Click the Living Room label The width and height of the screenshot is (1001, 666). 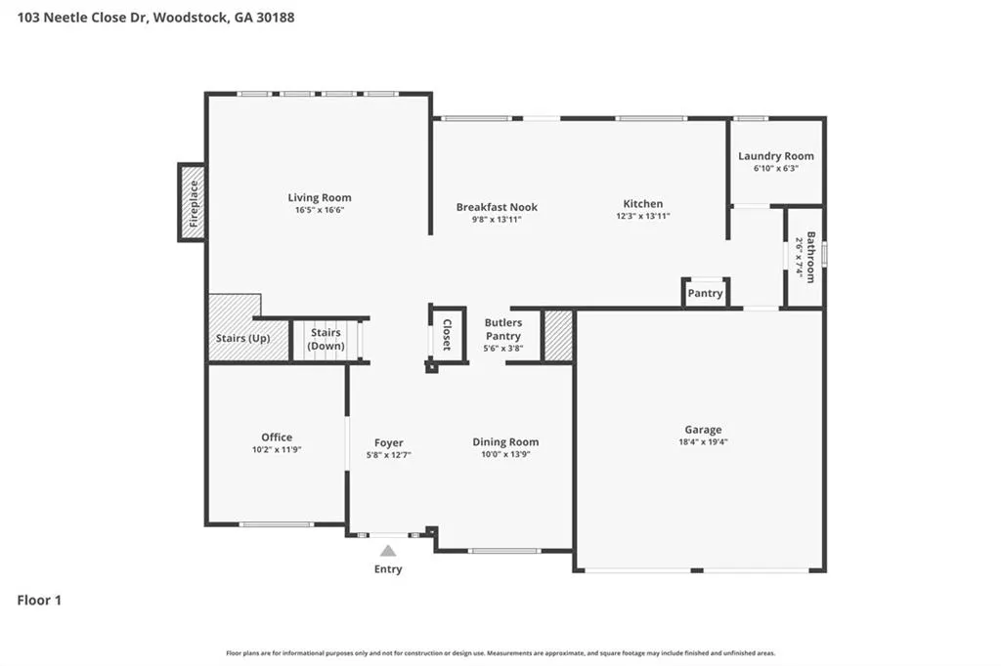click(320, 198)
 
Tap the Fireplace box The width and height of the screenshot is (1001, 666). click(193, 202)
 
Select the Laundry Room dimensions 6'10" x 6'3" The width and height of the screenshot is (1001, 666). click(775, 168)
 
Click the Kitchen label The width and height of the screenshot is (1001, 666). click(643, 203)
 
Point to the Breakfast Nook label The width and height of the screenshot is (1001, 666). click(497, 207)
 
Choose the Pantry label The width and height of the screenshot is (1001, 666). click(705, 293)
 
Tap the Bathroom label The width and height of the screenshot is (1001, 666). click(810, 257)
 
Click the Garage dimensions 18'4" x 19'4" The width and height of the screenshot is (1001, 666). click(703, 442)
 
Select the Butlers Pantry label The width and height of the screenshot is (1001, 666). click(503, 329)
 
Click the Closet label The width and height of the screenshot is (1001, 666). click(447, 335)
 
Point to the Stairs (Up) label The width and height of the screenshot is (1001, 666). click(242, 338)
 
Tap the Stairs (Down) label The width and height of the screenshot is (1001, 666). click(326, 340)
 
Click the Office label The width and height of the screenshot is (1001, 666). click(277, 437)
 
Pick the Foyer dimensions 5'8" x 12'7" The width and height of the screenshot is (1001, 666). click(388, 455)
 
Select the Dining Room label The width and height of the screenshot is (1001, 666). click(505, 441)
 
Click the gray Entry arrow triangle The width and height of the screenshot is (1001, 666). click(388, 551)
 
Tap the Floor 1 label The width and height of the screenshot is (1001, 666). click(39, 601)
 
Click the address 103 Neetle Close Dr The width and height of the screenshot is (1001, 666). click(82, 18)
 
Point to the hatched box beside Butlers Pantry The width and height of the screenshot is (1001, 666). click(558, 336)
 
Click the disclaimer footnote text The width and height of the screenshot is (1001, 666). click(500, 653)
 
